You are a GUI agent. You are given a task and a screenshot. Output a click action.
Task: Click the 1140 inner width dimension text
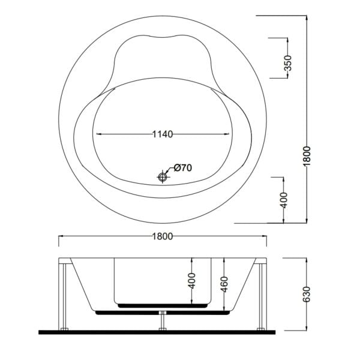162,134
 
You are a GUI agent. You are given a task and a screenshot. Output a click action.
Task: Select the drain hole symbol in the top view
162,177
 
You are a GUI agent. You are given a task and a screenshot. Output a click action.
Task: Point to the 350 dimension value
287,62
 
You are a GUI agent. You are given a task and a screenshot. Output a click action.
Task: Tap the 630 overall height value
306,294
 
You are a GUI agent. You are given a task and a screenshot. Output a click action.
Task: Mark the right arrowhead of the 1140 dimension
229,134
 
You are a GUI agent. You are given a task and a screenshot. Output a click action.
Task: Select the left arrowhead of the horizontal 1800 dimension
60,236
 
